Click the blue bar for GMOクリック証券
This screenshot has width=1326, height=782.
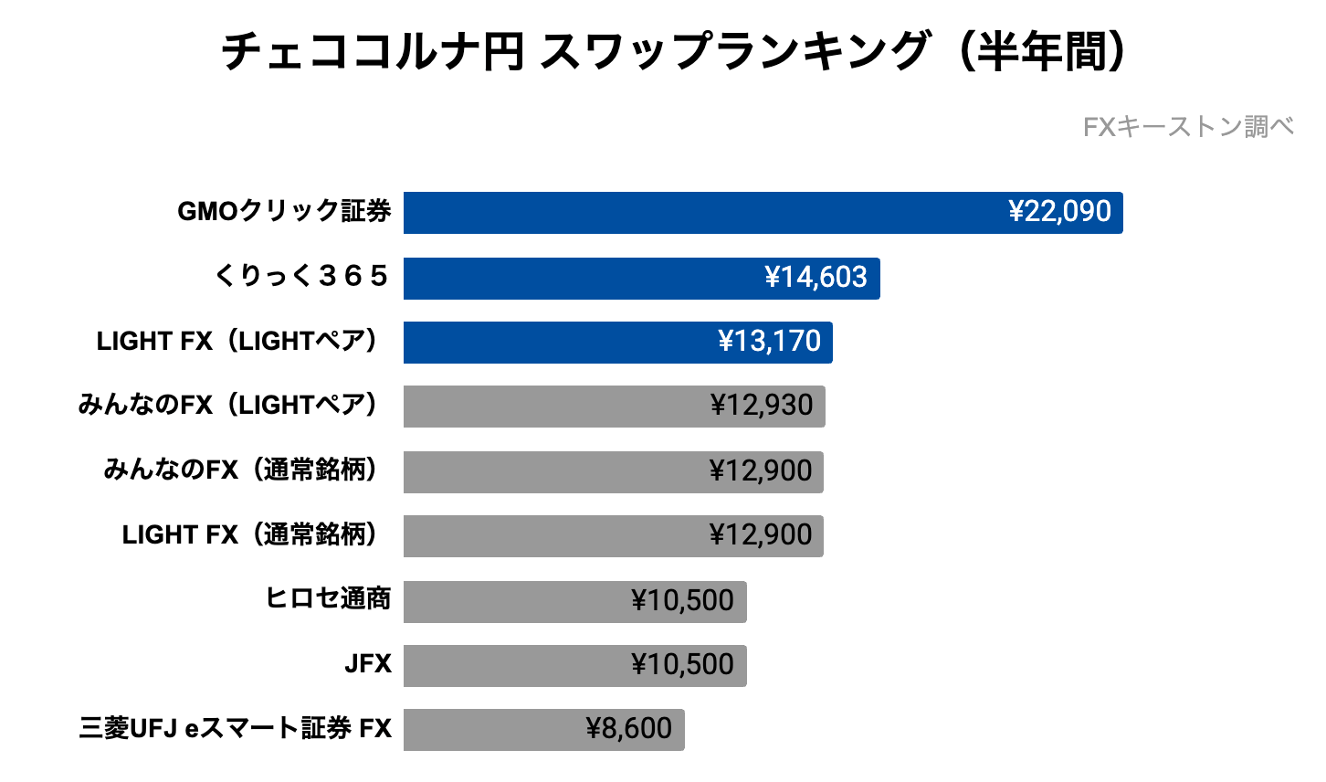coord(694,213)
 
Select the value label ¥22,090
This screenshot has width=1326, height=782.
coord(1059,212)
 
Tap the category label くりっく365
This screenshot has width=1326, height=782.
coord(301,276)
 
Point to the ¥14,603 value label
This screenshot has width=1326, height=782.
coord(816,278)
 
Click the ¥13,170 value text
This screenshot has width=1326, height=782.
coord(769,342)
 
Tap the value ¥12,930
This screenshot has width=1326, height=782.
coord(762,406)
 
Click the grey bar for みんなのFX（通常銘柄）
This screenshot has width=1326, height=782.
coord(548,471)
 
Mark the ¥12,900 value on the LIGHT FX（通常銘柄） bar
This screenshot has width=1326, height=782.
coord(761,535)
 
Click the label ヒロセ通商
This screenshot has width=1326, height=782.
coord(328,598)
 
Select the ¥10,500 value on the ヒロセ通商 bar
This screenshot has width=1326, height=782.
coord(682,601)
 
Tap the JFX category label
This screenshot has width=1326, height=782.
coord(368,664)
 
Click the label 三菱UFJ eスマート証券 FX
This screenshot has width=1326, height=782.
coord(235,728)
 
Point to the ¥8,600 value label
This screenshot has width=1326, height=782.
coord(629,729)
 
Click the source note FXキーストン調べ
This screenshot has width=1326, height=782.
coord(1188,127)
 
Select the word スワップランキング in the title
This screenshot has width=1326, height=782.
coord(734,52)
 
